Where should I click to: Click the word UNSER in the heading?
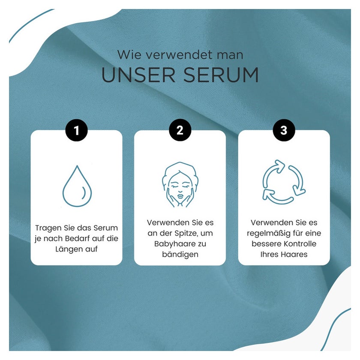coord(138,75)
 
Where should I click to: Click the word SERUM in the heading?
coord(221,75)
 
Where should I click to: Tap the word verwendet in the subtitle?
coord(179,55)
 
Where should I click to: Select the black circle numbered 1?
coord(77,130)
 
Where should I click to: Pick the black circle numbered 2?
coord(180,130)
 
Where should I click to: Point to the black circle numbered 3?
coord(284,130)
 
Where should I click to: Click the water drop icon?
coord(77,186)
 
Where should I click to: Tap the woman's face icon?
coord(180,185)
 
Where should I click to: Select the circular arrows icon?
coord(284,182)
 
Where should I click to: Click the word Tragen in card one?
coord(46,228)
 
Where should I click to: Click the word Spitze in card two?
coord(186,234)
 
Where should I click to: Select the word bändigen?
coord(180,255)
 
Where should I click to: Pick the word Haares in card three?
coord(294,255)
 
